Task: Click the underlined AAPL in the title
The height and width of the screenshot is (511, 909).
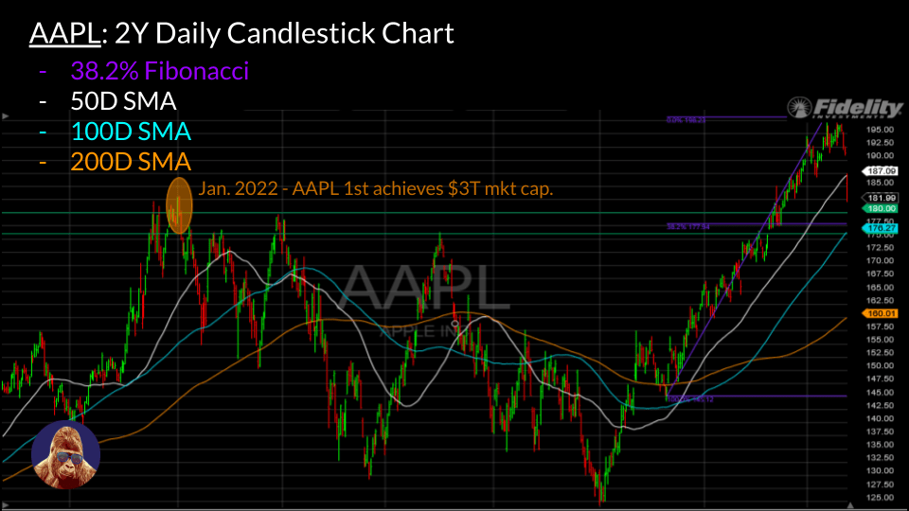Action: [63, 34]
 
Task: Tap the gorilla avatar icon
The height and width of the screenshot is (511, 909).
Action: [65, 455]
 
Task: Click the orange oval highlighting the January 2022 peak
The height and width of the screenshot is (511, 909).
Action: [179, 204]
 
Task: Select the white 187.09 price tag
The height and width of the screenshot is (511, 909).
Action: [882, 170]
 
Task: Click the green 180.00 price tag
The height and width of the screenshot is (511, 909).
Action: [882, 208]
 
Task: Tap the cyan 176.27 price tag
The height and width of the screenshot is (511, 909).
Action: [882, 228]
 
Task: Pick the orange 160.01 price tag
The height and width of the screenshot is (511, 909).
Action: [882, 313]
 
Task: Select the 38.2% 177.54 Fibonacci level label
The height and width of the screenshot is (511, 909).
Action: [688, 226]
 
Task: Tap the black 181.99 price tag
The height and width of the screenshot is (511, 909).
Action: [882, 197]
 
